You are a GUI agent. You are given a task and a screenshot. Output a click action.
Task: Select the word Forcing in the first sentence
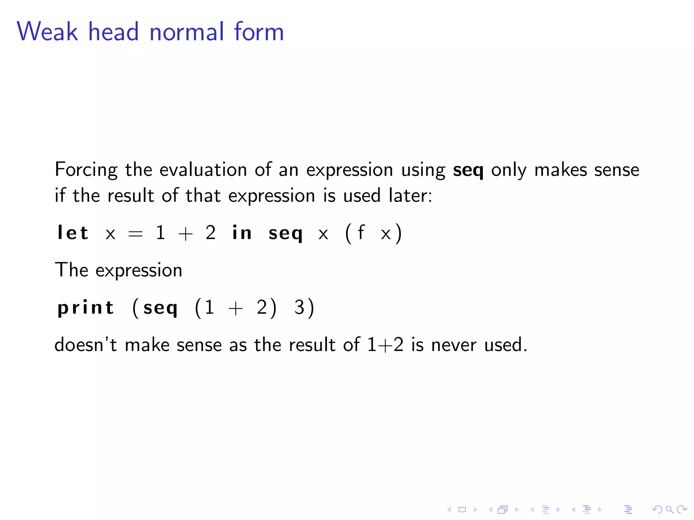[x=86, y=170]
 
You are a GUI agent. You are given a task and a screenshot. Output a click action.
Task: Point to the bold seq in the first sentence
[x=468, y=170]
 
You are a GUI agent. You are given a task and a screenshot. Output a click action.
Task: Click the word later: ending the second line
[x=410, y=196]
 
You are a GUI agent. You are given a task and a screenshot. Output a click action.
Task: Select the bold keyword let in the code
[x=73, y=233]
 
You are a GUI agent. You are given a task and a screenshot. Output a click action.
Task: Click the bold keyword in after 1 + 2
[x=242, y=233]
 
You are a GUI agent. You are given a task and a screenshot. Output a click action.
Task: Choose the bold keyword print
[x=85, y=308]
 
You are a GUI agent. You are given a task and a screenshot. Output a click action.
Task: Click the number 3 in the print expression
[x=299, y=307]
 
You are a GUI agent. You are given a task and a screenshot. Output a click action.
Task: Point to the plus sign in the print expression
[x=236, y=308]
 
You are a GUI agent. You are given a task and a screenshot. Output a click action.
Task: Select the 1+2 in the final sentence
[x=385, y=345]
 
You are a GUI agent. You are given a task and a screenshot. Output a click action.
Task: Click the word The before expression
[x=72, y=270]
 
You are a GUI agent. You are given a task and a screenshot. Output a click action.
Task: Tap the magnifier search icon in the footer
[x=669, y=510]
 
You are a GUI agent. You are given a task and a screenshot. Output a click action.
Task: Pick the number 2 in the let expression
[x=210, y=233]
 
